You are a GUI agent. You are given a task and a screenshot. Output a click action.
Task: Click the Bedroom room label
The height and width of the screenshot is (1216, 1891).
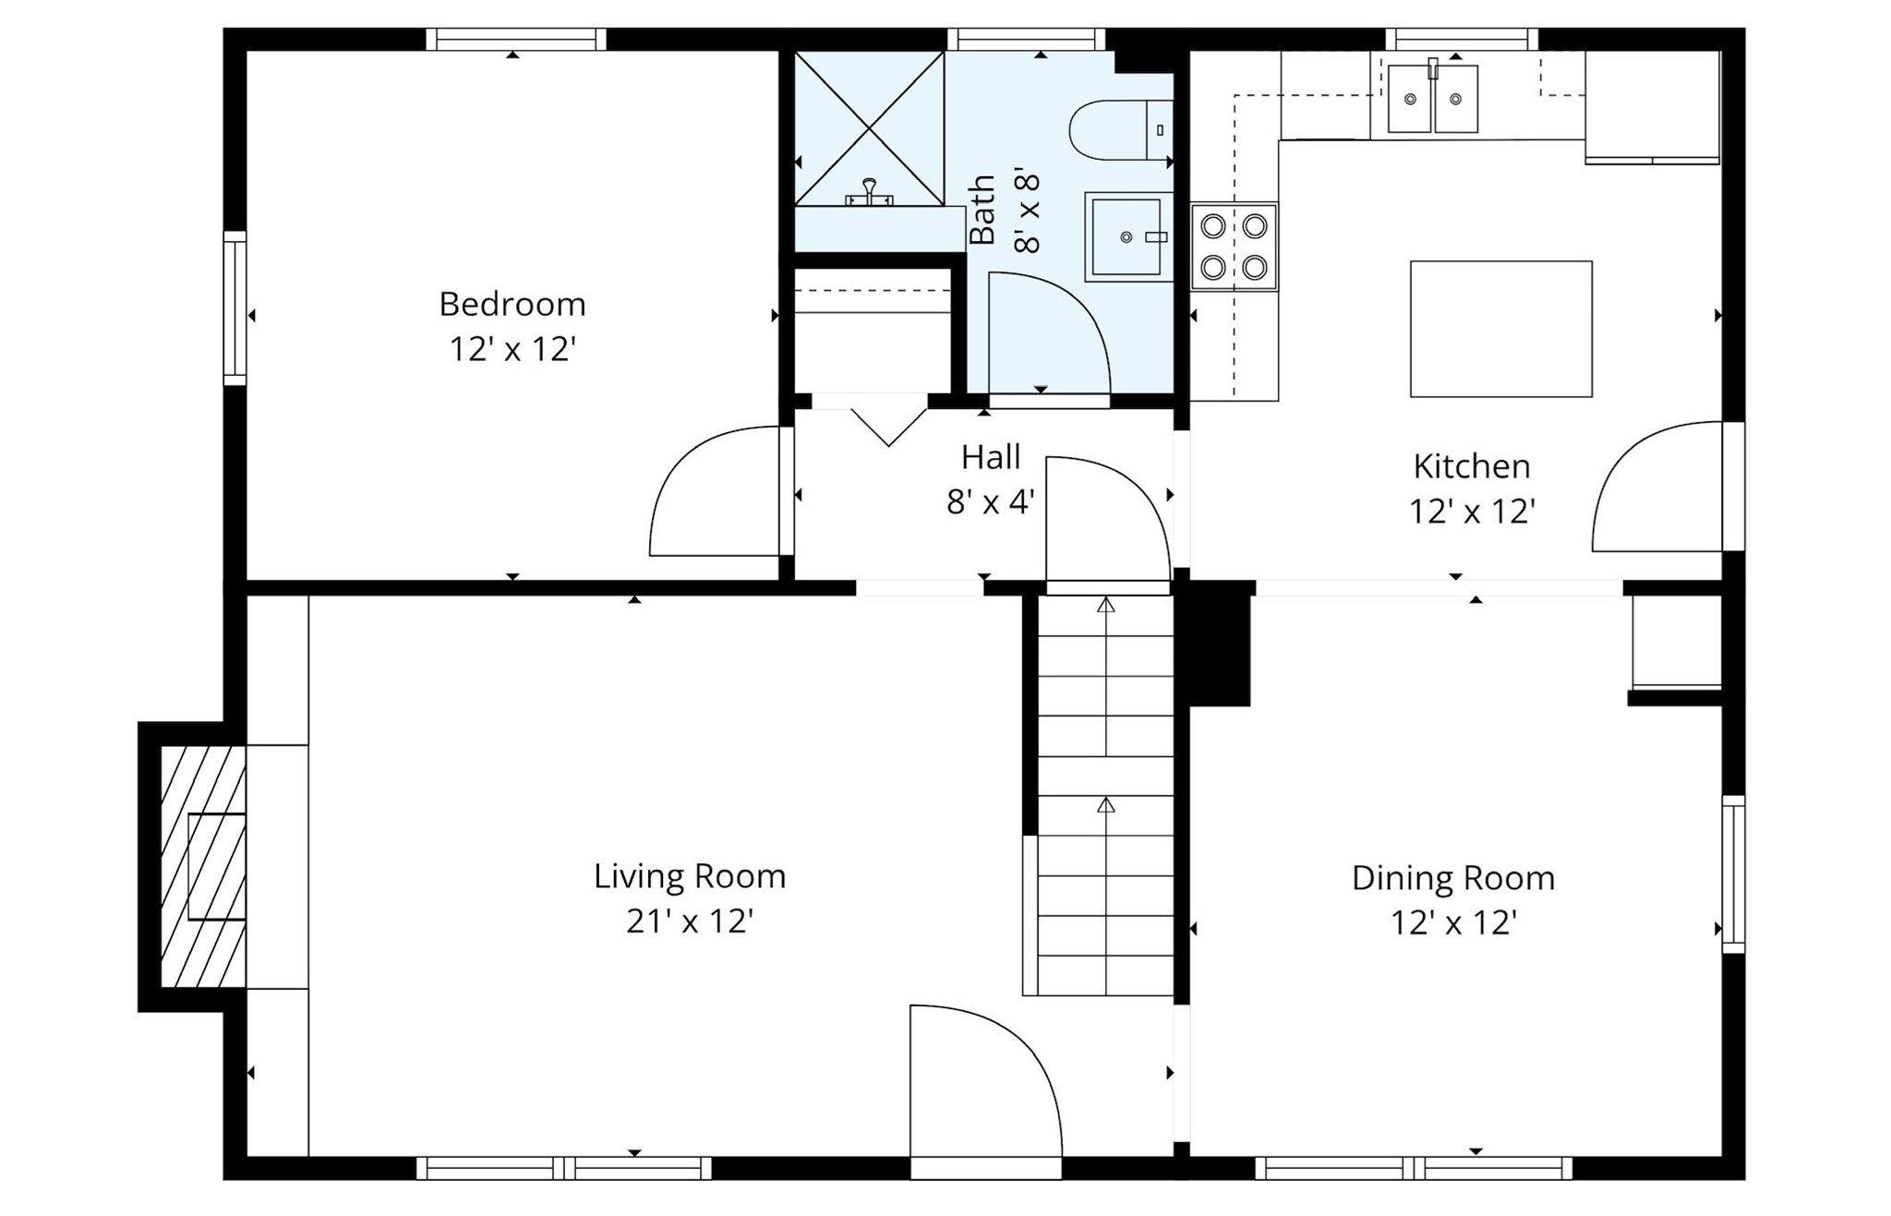(x=512, y=304)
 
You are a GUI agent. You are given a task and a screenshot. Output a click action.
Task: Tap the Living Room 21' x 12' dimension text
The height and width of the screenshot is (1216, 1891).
(x=690, y=921)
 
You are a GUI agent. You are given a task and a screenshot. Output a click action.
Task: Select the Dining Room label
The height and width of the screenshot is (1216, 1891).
(x=1452, y=878)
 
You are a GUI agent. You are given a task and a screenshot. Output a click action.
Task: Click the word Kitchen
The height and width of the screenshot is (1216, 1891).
(x=1471, y=466)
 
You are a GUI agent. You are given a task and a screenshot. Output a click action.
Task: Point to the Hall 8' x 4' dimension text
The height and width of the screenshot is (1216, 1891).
(x=990, y=502)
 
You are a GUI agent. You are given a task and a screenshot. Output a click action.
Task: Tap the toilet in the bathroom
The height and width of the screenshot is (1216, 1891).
(x=1118, y=130)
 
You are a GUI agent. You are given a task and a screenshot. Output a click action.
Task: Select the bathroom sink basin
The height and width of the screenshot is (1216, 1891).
(x=1126, y=237)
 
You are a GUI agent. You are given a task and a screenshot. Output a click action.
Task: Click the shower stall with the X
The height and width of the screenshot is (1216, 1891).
(x=868, y=128)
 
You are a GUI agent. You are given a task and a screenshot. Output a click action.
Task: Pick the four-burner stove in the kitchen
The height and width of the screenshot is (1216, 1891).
(x=1234, y=247)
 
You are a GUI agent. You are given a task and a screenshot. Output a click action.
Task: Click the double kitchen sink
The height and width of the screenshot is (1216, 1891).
(x=1432, y=99)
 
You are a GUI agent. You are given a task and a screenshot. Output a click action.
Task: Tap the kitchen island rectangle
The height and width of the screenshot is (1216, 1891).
(x=1500, y=330)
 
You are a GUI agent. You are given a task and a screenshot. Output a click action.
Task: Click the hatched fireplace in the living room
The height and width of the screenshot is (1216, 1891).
(x=203, y=866)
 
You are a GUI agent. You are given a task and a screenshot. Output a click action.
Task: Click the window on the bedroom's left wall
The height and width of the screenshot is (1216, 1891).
(x=235, y=307)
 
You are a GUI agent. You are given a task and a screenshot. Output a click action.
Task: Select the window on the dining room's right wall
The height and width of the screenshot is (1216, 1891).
(x=1733, y=873)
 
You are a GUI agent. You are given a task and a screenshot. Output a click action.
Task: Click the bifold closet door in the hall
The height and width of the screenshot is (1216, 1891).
(x=888, y=424)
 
